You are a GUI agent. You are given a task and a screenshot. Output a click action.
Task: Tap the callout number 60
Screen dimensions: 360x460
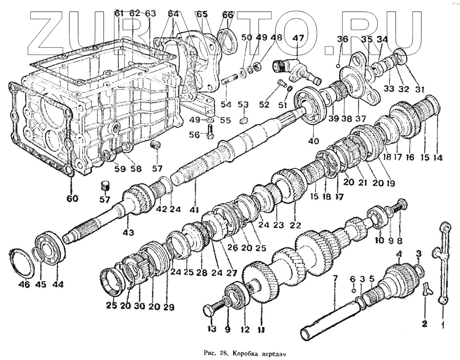(x=72, y=199)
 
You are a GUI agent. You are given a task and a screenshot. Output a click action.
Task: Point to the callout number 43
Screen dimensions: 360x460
(x=128, y=233)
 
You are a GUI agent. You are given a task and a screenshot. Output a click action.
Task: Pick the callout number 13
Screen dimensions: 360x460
(x=211, y=329)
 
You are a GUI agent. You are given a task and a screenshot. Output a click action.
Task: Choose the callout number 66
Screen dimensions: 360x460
(x=228, y=15)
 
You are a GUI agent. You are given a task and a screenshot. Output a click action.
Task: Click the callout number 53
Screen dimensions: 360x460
(x=243, y=105)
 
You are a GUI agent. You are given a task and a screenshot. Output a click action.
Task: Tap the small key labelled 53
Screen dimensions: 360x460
(x=244, y=121)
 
